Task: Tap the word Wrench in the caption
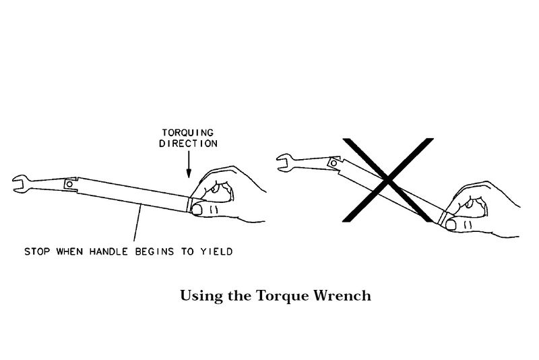(x=346, y=295)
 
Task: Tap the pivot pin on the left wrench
(x=68, y=184)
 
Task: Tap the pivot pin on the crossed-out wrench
(x=331, y=162)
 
